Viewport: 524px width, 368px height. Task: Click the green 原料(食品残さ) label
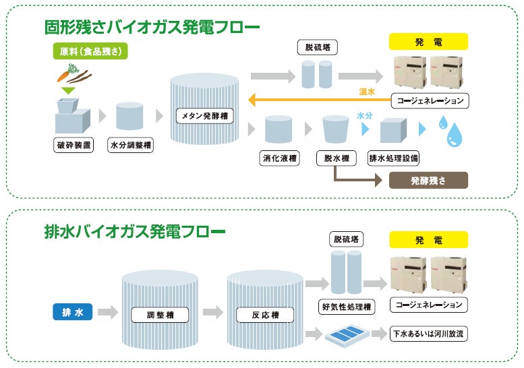click(x=90, y=51)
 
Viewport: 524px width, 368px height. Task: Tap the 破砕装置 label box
click(x=74, y=144)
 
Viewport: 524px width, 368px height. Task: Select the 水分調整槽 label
click(x=130, y=144)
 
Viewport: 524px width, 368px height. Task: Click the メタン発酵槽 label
click(x=205, y=116)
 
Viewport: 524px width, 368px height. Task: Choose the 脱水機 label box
click(x=334, y=159)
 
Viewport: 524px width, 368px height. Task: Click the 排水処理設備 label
click(x=394, y=159)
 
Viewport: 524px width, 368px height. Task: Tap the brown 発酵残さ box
click(x=428, y=181)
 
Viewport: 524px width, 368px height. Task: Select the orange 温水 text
click(x=366, y=90)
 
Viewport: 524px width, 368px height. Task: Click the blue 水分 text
click(x=364, y=115)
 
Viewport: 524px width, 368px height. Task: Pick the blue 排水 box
click(x=72, y=312)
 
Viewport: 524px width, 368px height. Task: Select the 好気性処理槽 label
click(x=346, y=307)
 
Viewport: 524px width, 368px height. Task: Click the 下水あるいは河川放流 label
click(x=429, y=333)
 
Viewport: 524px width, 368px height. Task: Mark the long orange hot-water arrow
click(x=317, y=101)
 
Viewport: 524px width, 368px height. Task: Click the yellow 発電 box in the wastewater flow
click(x=428, y=240)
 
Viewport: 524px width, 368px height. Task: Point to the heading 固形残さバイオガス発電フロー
click(x=151, y=28)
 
